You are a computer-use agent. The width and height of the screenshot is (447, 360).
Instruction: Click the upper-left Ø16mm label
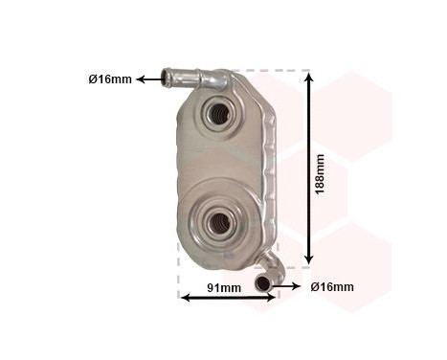click(x=110, y=79)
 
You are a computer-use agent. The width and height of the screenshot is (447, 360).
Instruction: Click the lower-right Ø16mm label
click(x=333, y=286)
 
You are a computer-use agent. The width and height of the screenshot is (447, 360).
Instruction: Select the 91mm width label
click(x=225, y=287)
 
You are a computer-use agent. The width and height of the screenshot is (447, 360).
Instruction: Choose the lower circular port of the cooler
click(x=215, y=222)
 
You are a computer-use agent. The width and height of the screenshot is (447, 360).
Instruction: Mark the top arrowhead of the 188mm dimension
click(x=308, y=78)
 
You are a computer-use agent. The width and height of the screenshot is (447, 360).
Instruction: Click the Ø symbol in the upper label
click(x=94, y=79)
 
